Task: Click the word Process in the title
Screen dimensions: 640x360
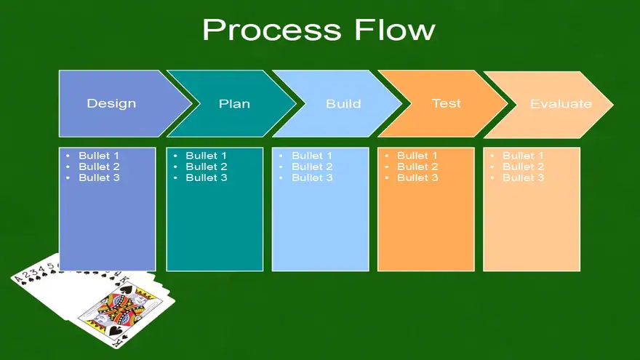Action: pyautogui.click(x=271, y=31)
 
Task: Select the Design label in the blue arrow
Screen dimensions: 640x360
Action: pyautogui.click(x=111, y=104)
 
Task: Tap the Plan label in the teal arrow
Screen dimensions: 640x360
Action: pyautogui.click(x=234, y=104)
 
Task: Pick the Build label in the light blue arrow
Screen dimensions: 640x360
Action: pyautogui.click(x=343, y=104)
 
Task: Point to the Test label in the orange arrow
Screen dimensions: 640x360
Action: pyautogui.click(x=446, y=103)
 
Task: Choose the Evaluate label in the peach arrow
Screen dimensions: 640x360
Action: pyautogui.click(x=561, y=104)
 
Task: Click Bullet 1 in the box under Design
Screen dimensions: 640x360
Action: pyautogui.click(x=99, y=156)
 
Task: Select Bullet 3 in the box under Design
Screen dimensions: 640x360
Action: pyautogui.click(x=99, y=177)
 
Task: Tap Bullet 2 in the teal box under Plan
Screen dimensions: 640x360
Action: pyautogui.click(x=207, y=167)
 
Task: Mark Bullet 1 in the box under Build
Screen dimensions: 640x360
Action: pyautogui.click(x=312, y=156)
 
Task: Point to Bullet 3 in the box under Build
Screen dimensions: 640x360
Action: pyautogui.click(x=312, y=177)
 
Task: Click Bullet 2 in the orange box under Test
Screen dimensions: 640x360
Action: pyautogui.click(x=417, y=167)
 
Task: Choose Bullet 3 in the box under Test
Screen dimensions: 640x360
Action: pyautogui.click(x=417, y=177)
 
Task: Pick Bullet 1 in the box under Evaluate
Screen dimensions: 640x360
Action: pyautogui.click(x=523, y=156)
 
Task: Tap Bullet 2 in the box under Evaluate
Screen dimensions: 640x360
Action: pyautogui.click(x=523, y=167)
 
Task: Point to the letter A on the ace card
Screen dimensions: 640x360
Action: pyautogui.click(x=17, y=279)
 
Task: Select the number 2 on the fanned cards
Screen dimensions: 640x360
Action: pyautogui.click(x=26, y=274)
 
